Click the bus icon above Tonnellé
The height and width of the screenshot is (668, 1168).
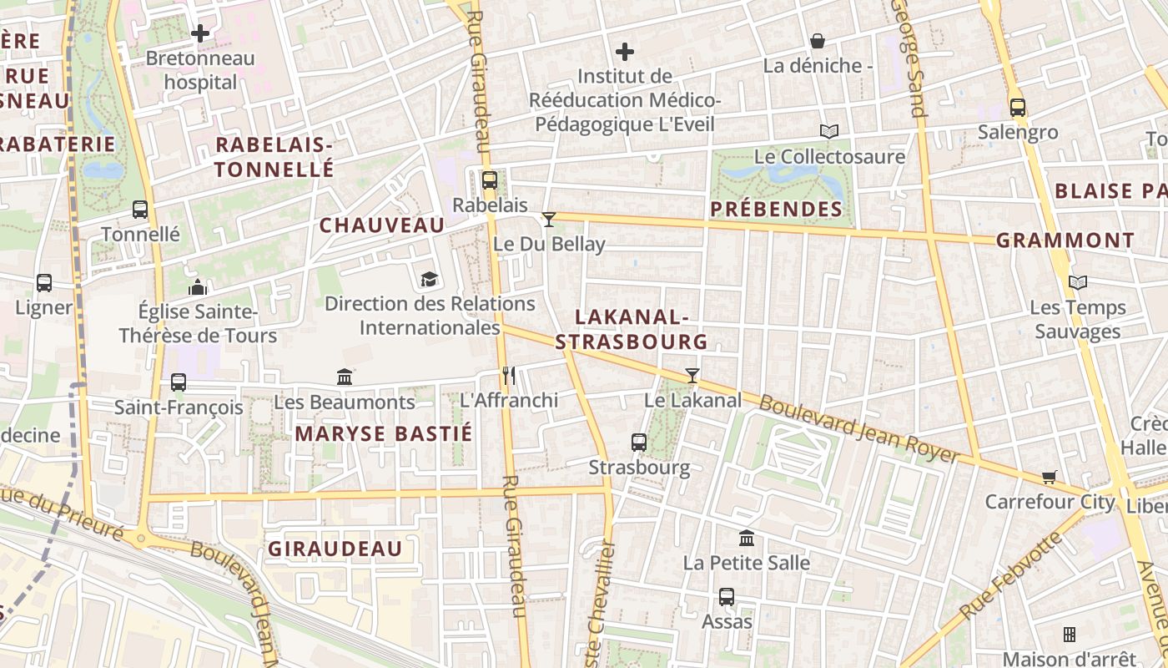140,210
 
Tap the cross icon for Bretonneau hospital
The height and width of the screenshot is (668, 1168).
200,33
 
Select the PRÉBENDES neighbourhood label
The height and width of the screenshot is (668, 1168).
777,209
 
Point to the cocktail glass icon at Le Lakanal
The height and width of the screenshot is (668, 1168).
692,376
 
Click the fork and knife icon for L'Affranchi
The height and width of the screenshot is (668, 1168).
509,376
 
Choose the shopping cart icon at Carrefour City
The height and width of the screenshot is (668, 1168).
1050,477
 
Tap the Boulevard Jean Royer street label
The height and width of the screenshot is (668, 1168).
859,428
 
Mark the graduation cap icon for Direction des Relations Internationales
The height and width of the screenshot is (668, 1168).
429,279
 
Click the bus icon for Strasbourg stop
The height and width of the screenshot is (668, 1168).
639,443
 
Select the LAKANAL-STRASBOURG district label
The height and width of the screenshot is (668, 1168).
632,329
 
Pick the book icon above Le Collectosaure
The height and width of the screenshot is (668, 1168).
828,131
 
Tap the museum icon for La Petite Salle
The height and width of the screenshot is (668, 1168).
747,538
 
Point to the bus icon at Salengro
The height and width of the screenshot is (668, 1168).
1018,107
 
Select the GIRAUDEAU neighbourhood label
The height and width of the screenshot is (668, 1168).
335,549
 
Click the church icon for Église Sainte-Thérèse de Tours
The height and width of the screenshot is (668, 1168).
198,287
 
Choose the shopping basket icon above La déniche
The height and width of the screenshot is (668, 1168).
818,40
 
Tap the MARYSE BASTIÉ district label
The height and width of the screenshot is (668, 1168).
384,433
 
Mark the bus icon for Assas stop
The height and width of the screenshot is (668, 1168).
727,597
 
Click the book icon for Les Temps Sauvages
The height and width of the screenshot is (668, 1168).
1078,282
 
